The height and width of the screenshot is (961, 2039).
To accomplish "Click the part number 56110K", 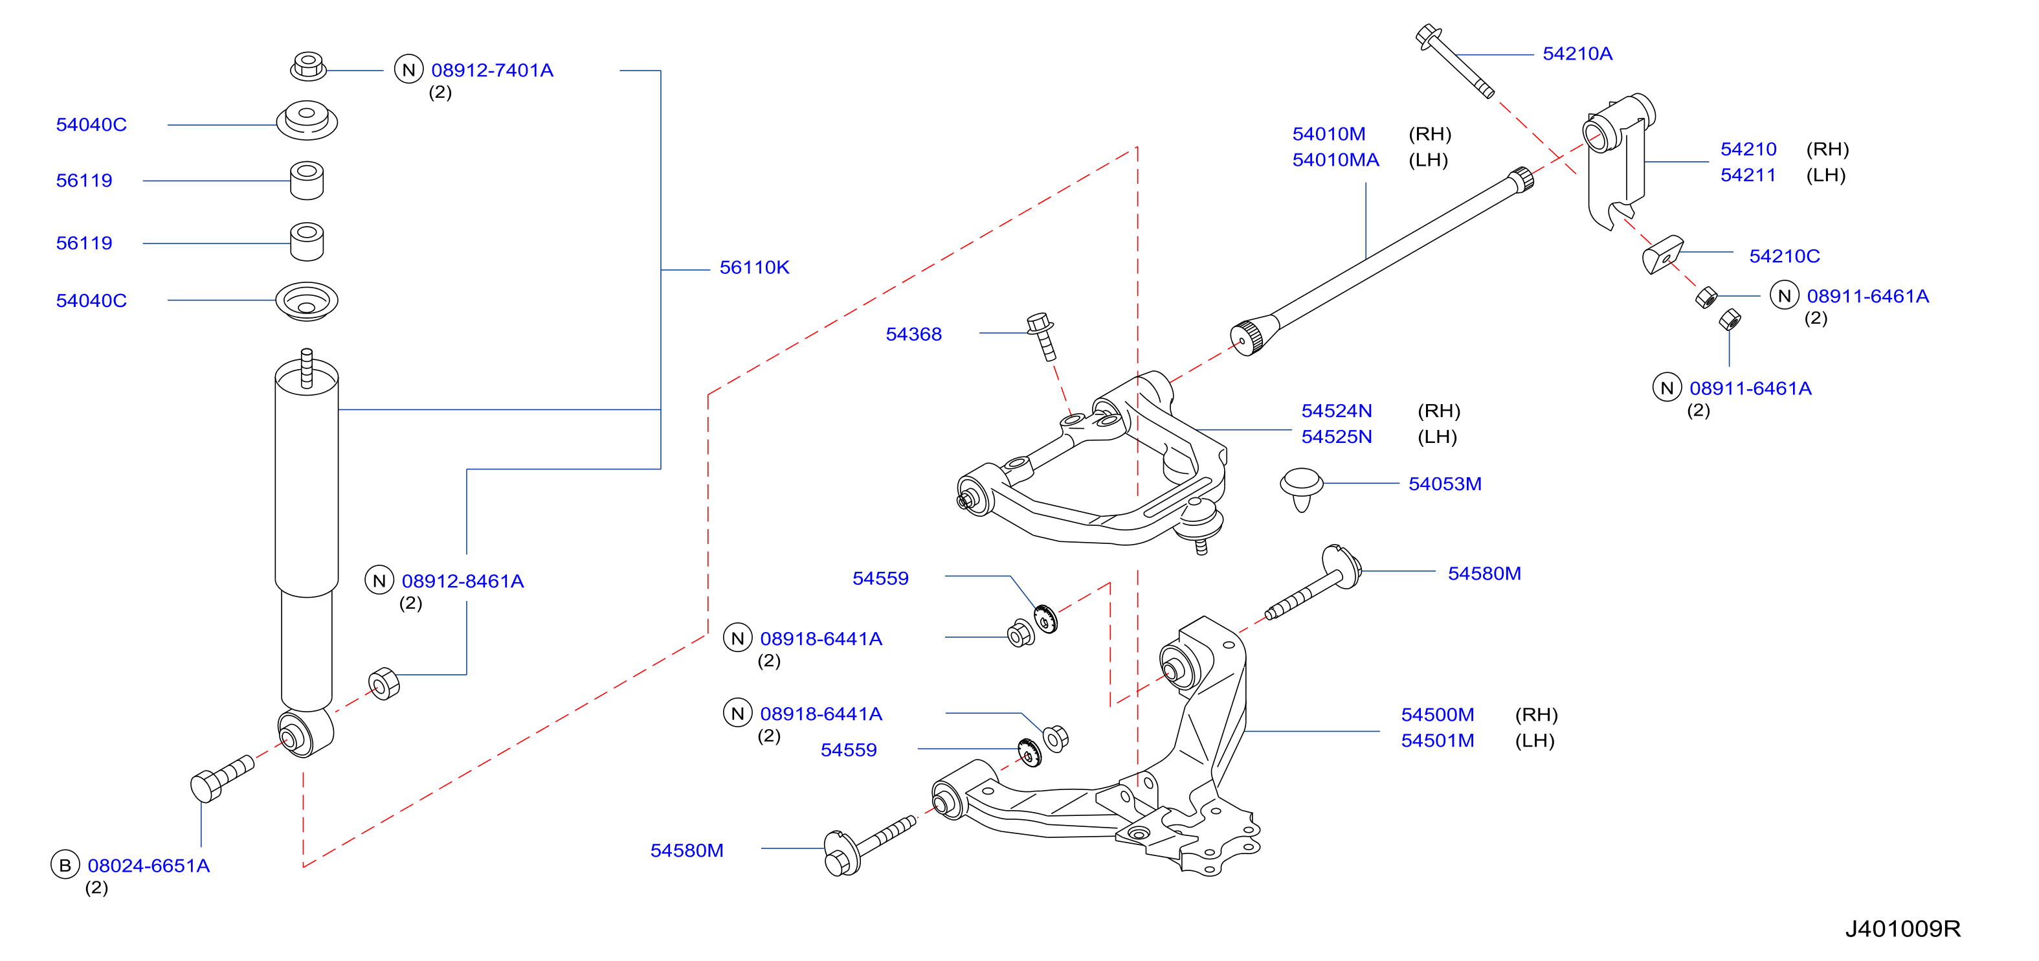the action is coord(753,267).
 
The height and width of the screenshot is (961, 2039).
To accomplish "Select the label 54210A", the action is coord(1577,54).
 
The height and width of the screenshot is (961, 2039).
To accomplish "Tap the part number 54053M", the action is coord(1445,484).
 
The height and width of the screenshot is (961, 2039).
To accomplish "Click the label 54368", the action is coord(913,334).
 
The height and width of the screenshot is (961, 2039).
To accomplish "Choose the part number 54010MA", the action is coord(1335,160).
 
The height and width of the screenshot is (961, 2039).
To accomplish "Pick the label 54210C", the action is coord(1784,256).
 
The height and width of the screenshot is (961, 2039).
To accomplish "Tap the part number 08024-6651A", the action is coord(148,866).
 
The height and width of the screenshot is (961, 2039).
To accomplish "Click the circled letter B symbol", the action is coord(65,865).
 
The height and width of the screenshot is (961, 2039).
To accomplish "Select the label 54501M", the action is coord(1438,741).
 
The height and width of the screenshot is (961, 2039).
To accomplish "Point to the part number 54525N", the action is coord(1336,437).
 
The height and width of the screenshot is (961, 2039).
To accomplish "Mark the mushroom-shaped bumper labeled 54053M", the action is coord(1301,488).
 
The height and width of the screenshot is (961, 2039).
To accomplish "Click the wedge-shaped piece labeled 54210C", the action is coord(1662,254).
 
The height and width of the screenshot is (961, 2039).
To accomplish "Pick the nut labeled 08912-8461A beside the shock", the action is coord(384,684).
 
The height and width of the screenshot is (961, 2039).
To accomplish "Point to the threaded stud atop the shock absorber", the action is coord(306,369).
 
